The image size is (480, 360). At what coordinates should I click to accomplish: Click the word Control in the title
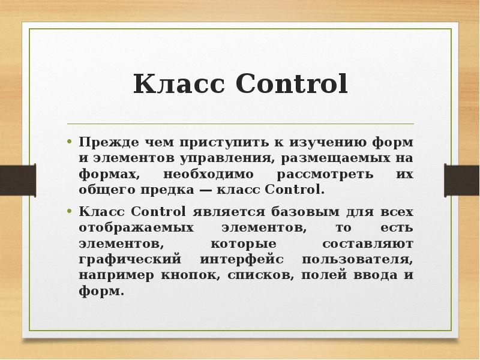pos(292,85)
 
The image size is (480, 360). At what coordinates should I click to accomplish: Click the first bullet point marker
pos(70,143)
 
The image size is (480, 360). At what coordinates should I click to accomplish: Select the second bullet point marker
pos(70,212)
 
